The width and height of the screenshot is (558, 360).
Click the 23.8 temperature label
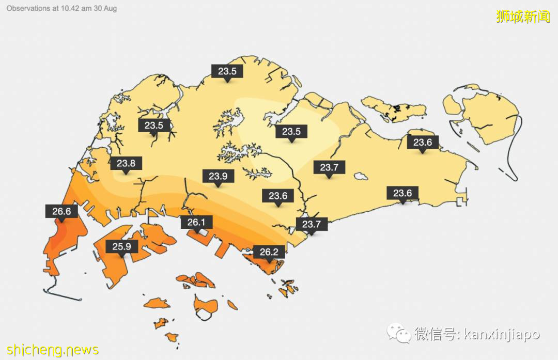click(126, 164)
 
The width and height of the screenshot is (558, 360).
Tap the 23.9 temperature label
click(218, 176)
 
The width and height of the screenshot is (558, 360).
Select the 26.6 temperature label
click(61, 211)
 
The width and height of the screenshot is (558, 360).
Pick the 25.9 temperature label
click(122, 246)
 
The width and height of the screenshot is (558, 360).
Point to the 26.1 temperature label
click(196, 223)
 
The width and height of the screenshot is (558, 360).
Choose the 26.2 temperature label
click(269, 252)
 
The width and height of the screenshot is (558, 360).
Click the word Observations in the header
click(28, 9)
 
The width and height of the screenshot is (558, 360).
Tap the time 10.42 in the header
click(71, 9)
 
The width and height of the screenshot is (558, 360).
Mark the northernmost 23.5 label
click(227, 71)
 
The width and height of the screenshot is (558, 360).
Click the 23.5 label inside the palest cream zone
click(291, 131)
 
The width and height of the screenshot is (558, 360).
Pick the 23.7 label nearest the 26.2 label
click(312, 224)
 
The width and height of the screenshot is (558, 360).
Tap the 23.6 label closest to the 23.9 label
click(278, 196)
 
